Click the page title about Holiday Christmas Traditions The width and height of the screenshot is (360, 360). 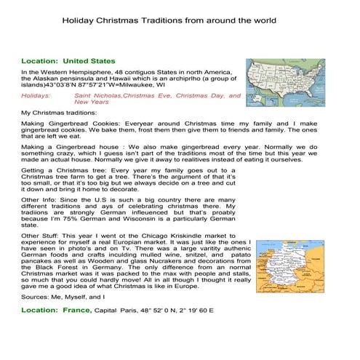pos(179,21)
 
